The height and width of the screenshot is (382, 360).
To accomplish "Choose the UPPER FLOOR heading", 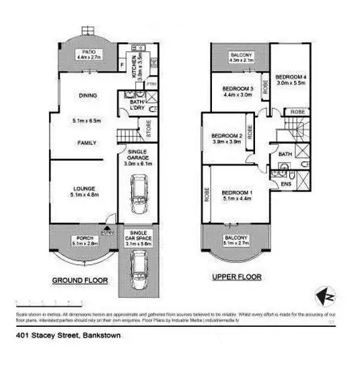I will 236,276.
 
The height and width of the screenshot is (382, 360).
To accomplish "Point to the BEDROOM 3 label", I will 237,89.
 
